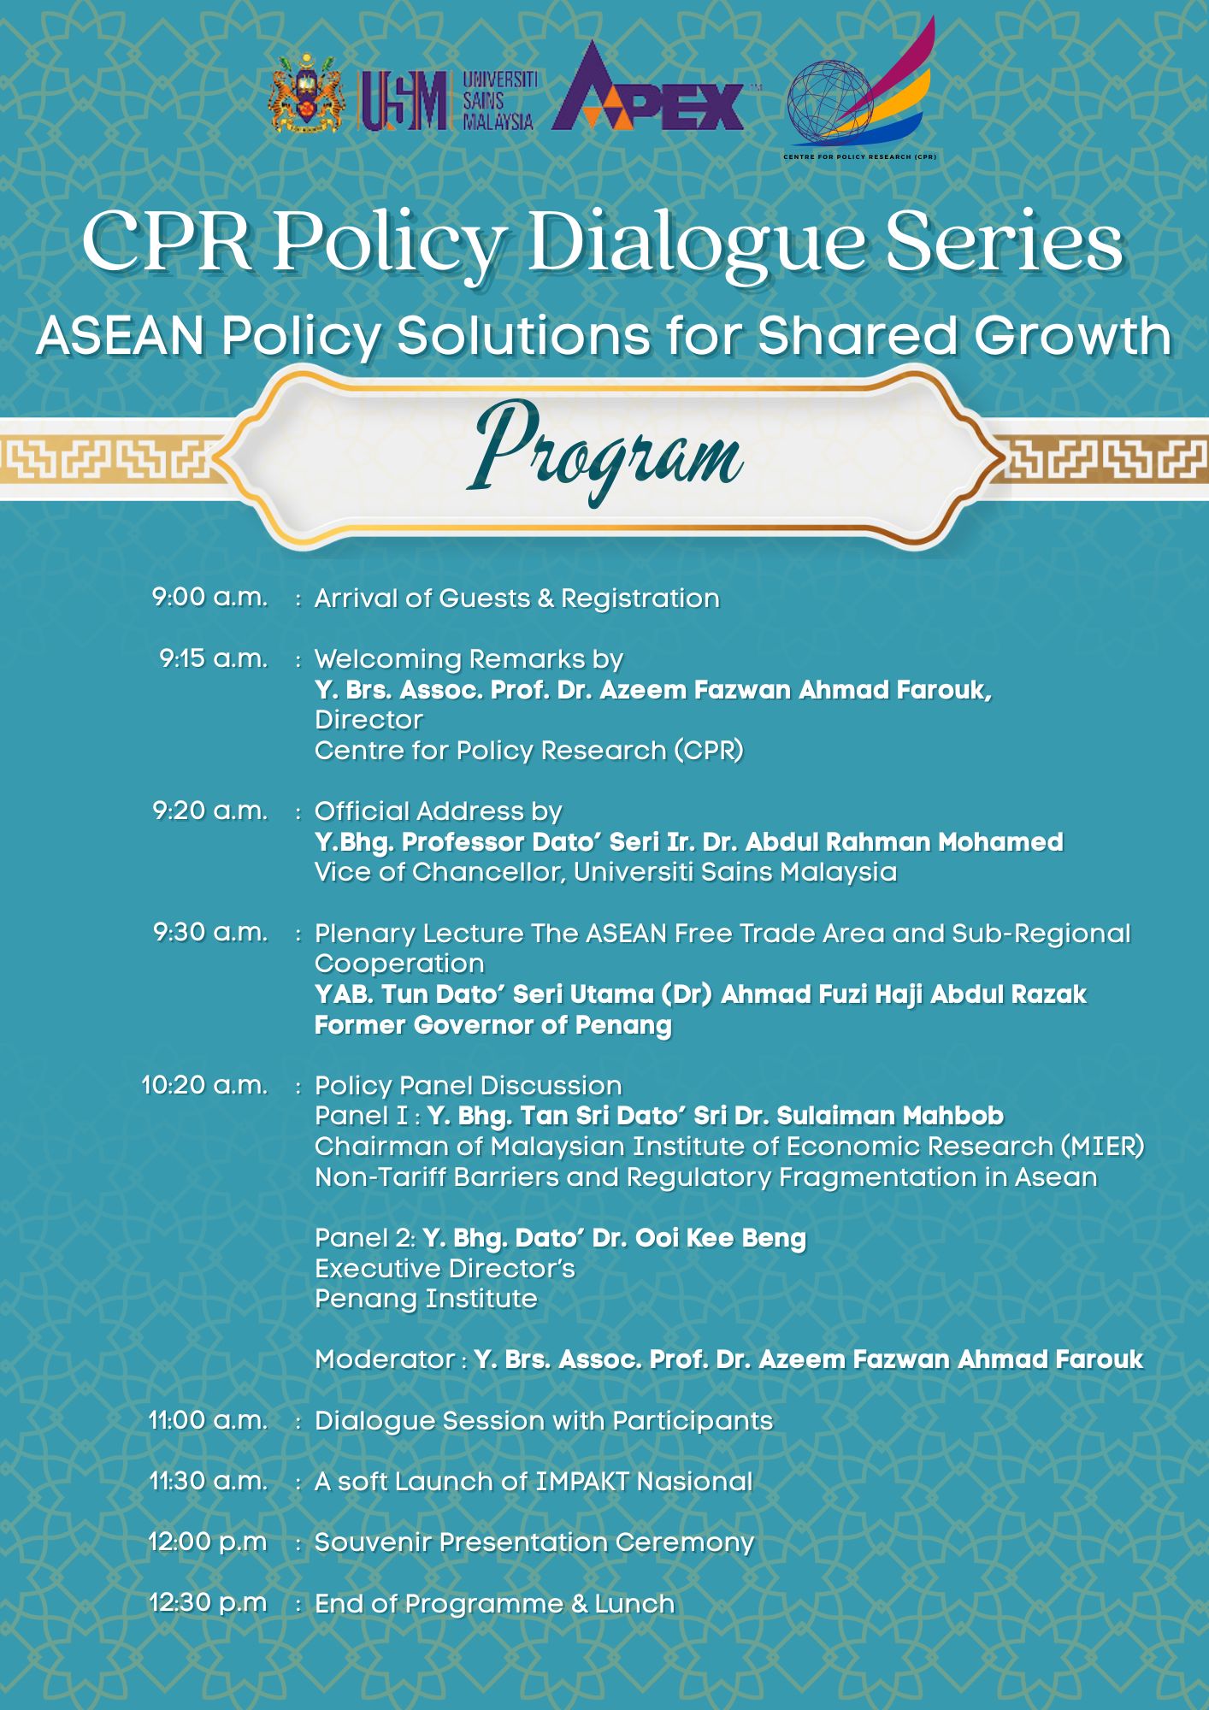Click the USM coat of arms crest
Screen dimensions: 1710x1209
pyautogui.click(x=306, y=95)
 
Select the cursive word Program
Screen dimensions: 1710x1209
pyautogui.click(x=607, y=449)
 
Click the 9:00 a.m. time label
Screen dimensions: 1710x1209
pyautogui.click(x=209, y=597)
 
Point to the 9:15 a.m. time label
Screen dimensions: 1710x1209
pyautogui.click(x=213, y=658)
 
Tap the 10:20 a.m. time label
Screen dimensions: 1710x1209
pyautogui.click(x=204, y=1085)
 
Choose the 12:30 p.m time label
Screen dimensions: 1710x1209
pyautogui.click(x=208, y=1602)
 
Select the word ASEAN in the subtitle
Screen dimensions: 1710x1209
pyautogui.click(x=121, y=335)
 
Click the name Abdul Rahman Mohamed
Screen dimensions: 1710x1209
pyautogui.click(x=904, y=842)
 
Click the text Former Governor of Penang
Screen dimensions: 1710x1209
pyautogui.click(x=493, y=1025)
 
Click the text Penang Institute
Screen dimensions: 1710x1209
pyautogui.click(x=426, y=1300)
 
